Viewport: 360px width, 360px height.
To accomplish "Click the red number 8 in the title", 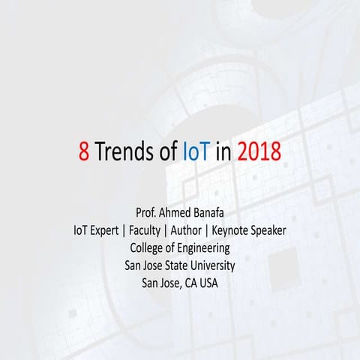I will coord(84,151).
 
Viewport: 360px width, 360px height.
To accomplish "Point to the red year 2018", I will coord(259,151).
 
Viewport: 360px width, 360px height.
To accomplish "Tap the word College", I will coord(149,248).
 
